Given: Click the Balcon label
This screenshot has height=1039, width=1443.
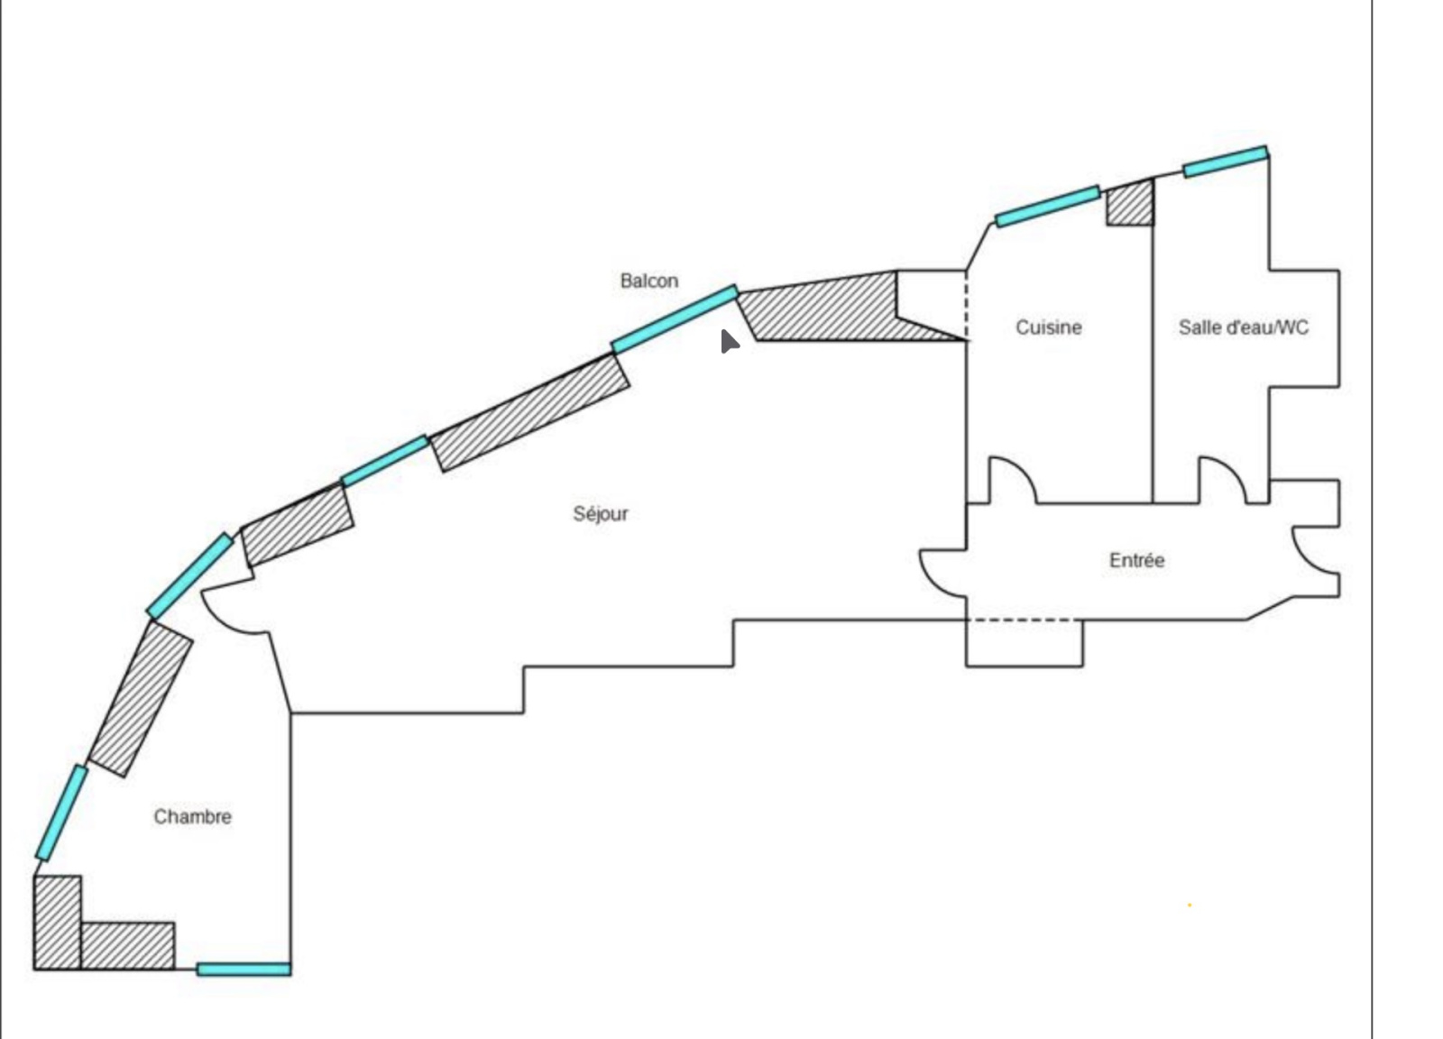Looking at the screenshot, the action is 648,280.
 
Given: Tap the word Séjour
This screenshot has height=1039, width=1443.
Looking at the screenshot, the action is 601,514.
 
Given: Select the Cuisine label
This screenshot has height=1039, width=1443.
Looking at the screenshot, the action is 1049,327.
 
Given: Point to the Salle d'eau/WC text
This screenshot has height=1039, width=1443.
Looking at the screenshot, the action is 1244,327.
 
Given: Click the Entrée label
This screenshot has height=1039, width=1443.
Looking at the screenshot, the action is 1137,560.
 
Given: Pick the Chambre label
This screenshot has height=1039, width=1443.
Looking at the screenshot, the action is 193,817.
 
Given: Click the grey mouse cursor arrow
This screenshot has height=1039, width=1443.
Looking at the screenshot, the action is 730,342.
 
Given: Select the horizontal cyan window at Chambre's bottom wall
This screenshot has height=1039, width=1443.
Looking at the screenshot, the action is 244,970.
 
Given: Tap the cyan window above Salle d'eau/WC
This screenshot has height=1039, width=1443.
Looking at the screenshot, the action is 1226,161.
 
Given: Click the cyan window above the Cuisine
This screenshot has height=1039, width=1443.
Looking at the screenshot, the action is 1048,207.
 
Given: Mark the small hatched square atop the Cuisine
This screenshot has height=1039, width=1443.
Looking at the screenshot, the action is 1131,202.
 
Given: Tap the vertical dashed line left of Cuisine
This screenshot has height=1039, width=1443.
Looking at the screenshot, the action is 966,304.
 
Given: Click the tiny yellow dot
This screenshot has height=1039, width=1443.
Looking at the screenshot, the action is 1190,905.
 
